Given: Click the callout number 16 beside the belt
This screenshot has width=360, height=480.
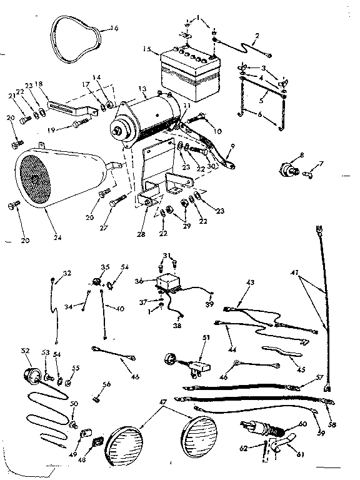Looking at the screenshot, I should [113, 27].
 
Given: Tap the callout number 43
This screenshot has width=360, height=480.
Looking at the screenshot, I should [251, 283].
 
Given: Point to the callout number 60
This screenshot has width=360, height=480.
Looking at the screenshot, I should [303, 424].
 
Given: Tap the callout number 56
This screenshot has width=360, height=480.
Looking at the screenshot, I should [106, 385].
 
